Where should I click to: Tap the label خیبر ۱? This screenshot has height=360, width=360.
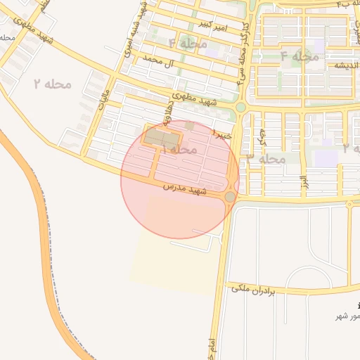223,134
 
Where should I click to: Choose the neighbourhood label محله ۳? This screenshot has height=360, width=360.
266,159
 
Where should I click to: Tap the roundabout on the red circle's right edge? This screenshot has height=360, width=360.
230,198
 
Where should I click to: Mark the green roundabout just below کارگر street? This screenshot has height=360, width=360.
240,108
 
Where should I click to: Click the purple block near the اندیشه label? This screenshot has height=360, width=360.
319,47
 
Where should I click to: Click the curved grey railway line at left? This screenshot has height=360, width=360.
49,232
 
